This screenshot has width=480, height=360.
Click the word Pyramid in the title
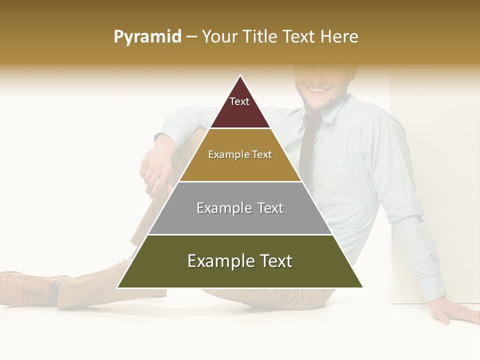click(147, 37)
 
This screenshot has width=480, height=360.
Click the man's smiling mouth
click(316, 90)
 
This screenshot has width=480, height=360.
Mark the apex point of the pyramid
click(240, 76)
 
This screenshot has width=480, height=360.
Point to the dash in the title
click(191, 37)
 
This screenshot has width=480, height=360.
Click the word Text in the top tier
click(239, 101)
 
